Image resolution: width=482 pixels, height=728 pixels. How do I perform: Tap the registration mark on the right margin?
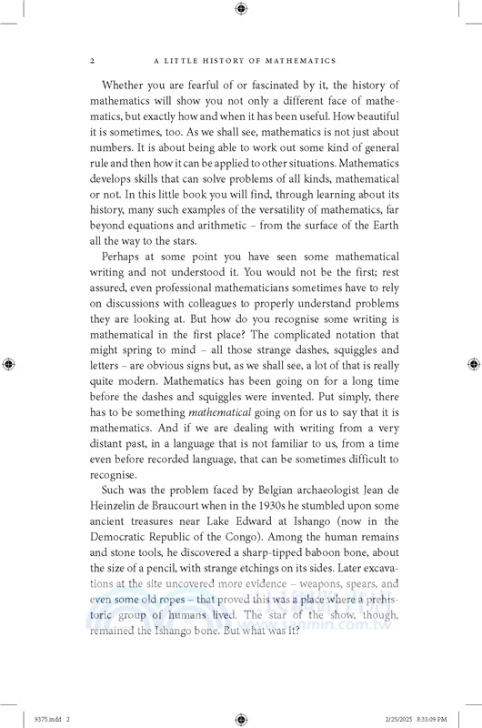pyautogui.click(x=472, y=364)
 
